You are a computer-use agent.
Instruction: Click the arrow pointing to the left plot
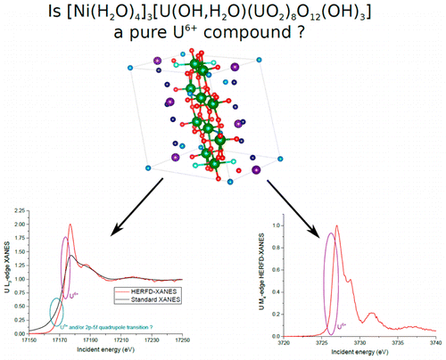click(134, 207)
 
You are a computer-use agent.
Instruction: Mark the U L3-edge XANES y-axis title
click(6, 276)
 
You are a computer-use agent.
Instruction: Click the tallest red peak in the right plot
click(337, 227)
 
